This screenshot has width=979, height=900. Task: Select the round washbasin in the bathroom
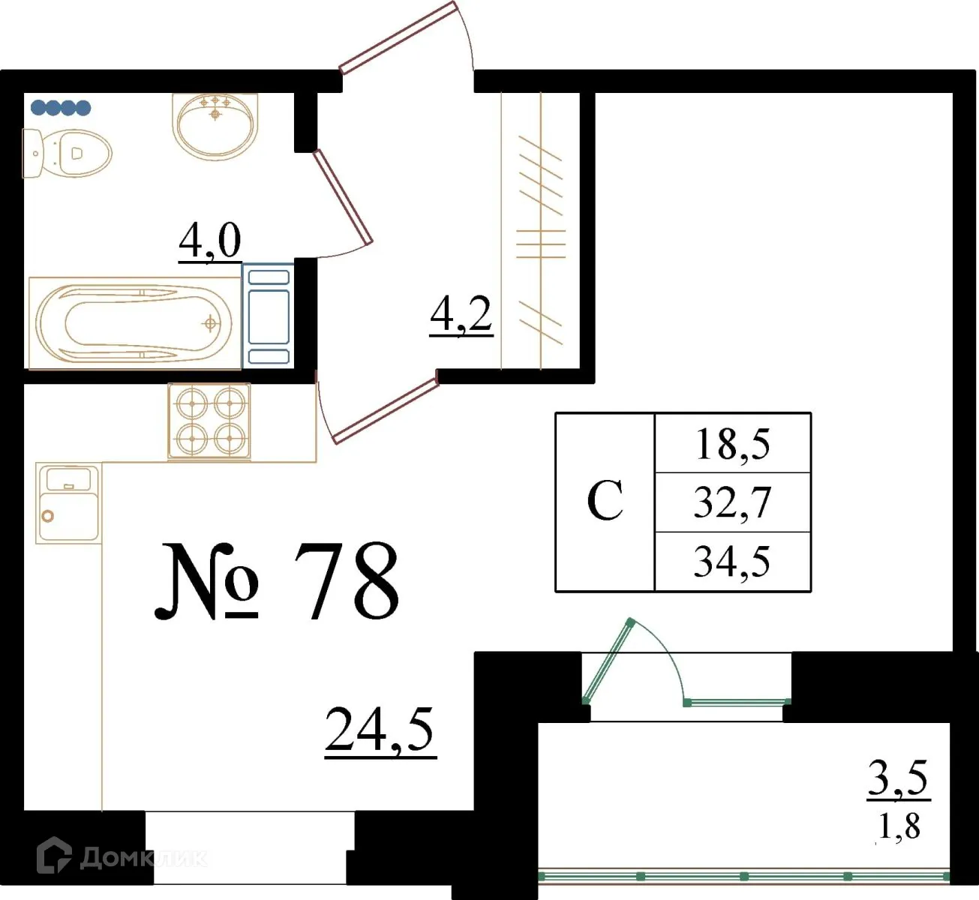point(215,124)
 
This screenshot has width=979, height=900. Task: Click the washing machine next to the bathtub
point(268,314)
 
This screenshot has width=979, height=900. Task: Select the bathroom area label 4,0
point(210,241)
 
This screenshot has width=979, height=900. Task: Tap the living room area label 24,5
point(380,730)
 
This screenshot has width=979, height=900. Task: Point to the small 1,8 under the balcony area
point(899,826)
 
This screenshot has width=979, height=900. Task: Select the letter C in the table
point(605,501)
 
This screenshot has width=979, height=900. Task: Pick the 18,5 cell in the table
point(732,443)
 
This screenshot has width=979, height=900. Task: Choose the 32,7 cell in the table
point(732,502)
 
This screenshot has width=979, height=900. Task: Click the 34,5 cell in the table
point(732,562)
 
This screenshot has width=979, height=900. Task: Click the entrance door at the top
point(398,37)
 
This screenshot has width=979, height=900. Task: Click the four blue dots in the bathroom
point(61,108)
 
